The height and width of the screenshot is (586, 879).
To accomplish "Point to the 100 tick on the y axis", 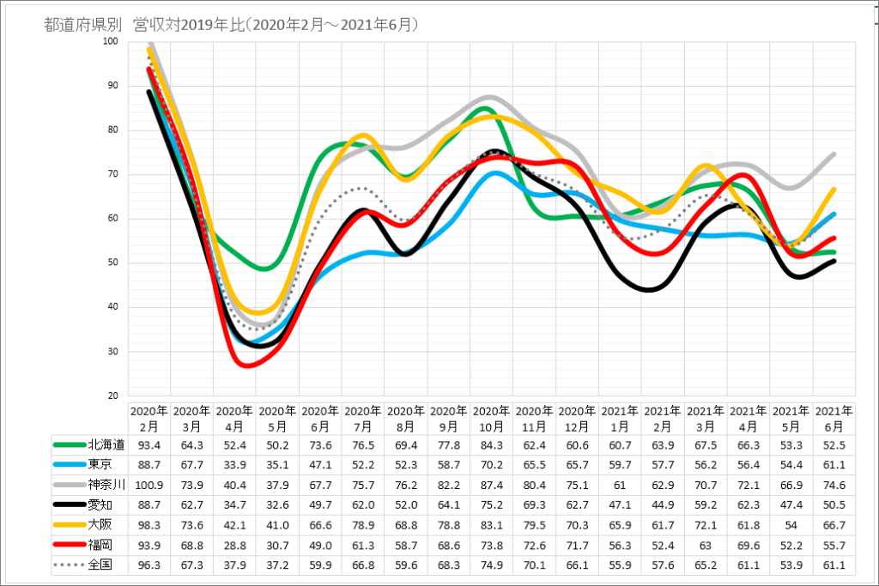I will click(112, 41).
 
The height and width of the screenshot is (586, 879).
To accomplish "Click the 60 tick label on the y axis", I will click(113, 219).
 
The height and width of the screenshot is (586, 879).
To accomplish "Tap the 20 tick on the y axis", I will click(113, 396).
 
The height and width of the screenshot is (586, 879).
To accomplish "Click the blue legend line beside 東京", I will click(69, 464).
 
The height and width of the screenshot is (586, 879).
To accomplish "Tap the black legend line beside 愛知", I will click(69, 504).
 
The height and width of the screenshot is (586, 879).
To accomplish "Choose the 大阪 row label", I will click(100, 524).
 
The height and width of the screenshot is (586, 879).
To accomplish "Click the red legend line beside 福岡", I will click(69, 545).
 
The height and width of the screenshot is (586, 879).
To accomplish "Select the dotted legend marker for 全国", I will click(69, 565).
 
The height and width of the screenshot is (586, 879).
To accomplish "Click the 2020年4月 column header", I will click(234, 417).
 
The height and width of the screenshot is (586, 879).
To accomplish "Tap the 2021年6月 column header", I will click(834, 417).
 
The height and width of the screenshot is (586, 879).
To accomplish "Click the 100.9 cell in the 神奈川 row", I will click(149, 484).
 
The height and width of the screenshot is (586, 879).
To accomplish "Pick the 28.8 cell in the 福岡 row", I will click(234, 545).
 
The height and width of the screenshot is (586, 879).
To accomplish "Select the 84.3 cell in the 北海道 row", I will click(491, 444).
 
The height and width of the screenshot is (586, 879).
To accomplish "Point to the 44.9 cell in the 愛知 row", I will click(663, 504).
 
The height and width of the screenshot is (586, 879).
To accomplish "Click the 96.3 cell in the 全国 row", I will click(149, 565).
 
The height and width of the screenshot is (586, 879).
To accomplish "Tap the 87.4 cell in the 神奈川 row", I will click(491, 484).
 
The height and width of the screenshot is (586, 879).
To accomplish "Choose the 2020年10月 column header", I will click(491, 417).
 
